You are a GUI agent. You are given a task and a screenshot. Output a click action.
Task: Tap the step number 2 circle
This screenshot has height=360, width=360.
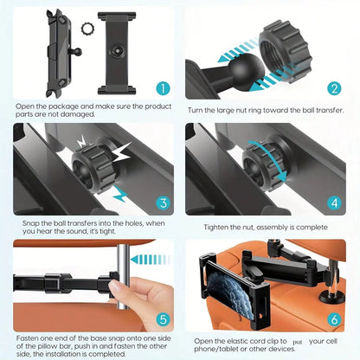(x=334, y=87)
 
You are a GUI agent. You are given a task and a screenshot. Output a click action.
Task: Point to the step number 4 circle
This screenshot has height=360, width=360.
(x=334, y=204)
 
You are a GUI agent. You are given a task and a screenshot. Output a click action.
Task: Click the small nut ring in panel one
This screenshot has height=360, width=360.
(x=85, y=28)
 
